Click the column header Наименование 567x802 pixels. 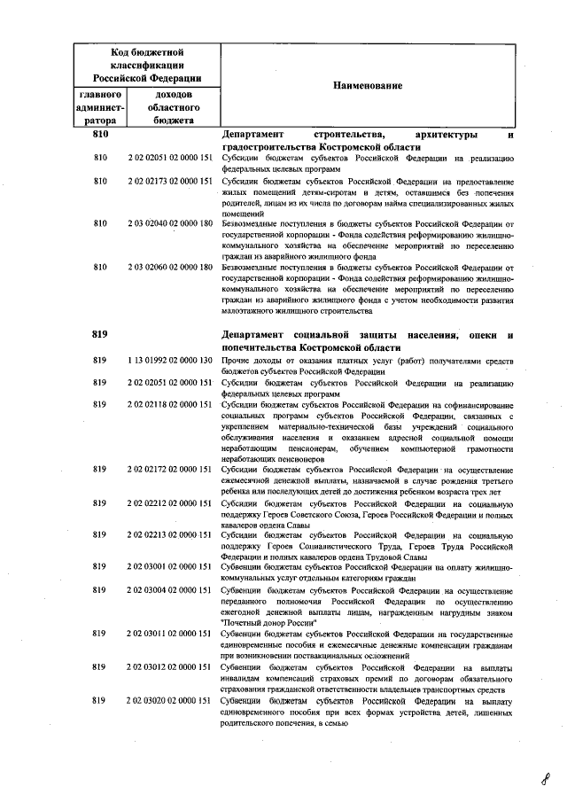[367, 85]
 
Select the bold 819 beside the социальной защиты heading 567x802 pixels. [99, 334]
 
